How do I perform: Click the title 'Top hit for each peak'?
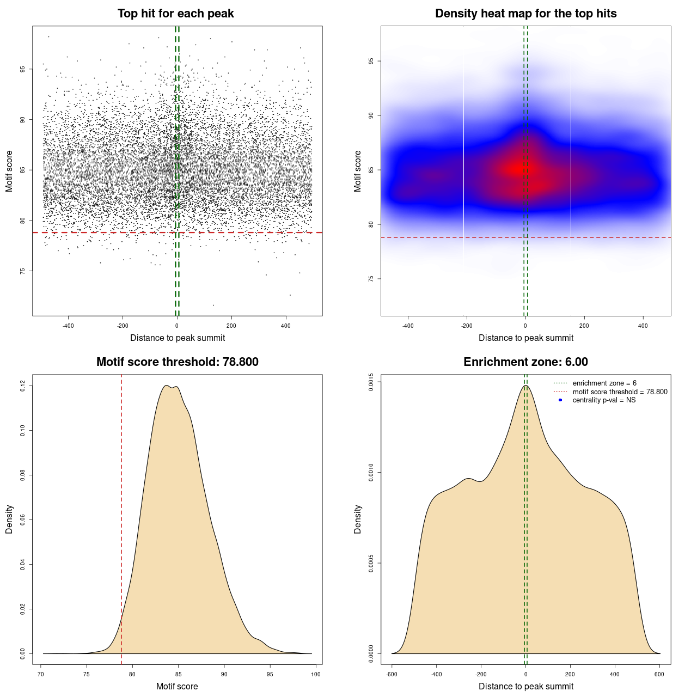tap(175, 14)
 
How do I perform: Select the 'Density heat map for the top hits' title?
tap(525, 14)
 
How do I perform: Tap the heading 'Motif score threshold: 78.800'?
tap(177, 362)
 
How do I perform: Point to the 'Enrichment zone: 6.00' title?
tap(525, 362)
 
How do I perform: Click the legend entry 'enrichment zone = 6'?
tap(604, 383)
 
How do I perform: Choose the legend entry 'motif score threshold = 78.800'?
tap(620, 392)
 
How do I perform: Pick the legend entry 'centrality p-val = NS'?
tap(604, 400)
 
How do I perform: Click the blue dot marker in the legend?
tap(560, 400)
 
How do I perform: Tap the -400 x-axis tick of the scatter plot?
tap(68, 326)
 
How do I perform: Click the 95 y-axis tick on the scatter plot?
tap(22, 69)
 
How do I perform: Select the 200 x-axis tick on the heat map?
tap(584, 326)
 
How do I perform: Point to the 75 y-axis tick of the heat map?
tap(371, 279)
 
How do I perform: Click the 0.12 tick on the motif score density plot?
tap(22, 386)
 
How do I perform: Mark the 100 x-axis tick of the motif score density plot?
tap(316, 674)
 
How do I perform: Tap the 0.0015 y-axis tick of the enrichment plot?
tap(371, 382)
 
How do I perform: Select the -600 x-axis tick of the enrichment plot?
tap(392, 674)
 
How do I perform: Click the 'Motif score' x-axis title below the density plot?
tap(177, 686)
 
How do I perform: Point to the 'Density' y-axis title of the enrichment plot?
tap(358, 519)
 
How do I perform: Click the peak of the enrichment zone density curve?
tap(525, 386)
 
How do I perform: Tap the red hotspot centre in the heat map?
tap(517, 169)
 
